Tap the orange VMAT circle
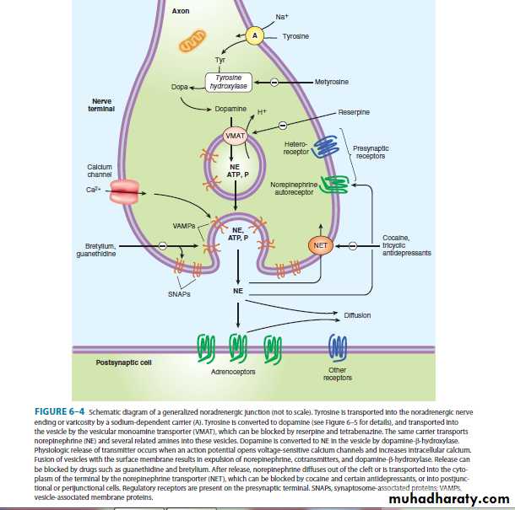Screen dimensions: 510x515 coord(234,136)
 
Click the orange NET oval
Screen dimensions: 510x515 coord(321,245)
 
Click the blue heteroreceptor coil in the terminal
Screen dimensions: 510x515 coord(324,148)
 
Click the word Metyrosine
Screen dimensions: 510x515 coord(331,82)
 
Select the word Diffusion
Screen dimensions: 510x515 coord(359,315)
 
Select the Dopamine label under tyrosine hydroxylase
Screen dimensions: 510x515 coord(231,110)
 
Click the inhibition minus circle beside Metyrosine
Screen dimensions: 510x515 coord(274,82)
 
